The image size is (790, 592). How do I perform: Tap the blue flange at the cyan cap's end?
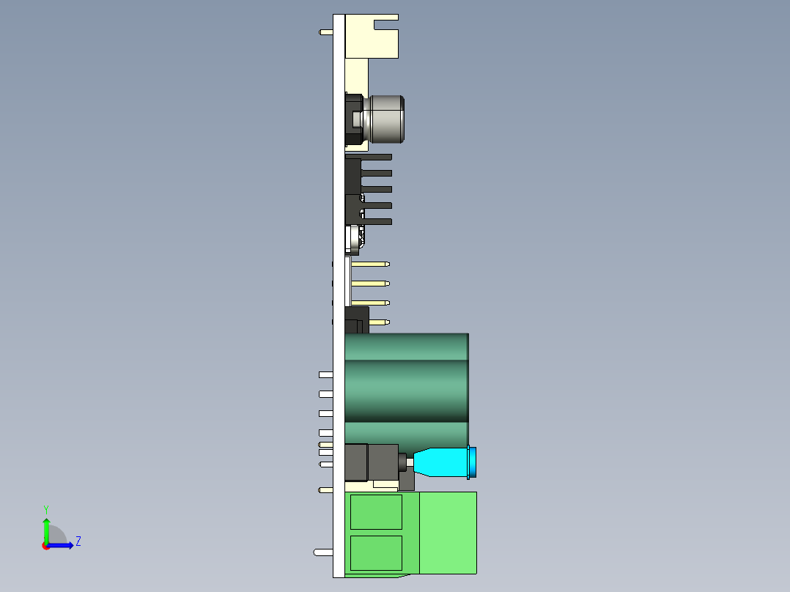pyautogui.click(x=473, y=462)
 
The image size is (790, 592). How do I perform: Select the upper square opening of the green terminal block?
pyautogui.click(x=376, y=511)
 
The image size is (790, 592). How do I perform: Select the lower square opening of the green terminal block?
pyautogui.click(x=376, y=552)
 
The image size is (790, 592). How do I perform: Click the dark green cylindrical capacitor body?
pyautogui.click(x=407, y=388)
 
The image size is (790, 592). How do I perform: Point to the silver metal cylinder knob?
pyautogui.click(x=387, y=119)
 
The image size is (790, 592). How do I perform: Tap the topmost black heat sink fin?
pyautogui.click(x=377, y=157)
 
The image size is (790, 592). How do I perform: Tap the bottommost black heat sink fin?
pyautogui.click(x=377, y=221)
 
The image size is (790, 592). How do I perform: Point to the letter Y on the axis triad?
pyautogui.click(x=45, y=508)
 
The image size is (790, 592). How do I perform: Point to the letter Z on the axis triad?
pyautogui.click(x=78, y=541)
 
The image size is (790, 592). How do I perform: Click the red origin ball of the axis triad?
pyautogui.click(x=46, y=546)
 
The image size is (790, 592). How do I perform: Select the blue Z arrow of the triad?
pyautogui.click(x=62, y=545)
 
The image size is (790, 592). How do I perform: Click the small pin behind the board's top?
pyautogui.click(x=326, y=32)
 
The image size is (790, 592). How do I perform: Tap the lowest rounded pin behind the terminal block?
pyautogui.click(x=322, y=552)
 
